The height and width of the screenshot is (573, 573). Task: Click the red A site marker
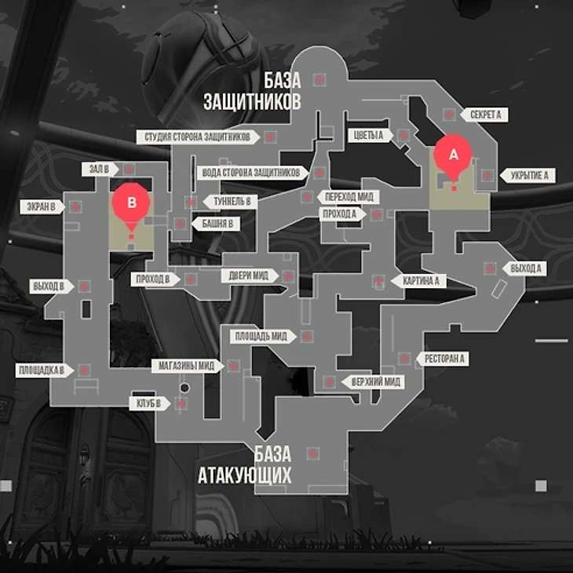point(452,155)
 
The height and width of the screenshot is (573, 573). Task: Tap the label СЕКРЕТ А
point(485,115)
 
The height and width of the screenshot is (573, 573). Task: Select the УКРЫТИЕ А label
point(528,175)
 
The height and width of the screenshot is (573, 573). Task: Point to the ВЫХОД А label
point(525,268)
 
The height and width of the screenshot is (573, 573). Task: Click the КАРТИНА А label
point(420,280)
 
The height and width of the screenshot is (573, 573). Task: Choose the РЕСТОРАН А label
point(445,359)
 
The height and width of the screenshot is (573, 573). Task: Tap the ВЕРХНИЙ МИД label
point(376,382)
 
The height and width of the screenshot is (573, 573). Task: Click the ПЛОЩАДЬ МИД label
point(262,336)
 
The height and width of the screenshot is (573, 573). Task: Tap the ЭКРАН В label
point(40,206)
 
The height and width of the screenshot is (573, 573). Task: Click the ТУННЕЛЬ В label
point(231,202)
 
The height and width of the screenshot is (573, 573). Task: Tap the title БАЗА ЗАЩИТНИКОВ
point(252,91)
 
